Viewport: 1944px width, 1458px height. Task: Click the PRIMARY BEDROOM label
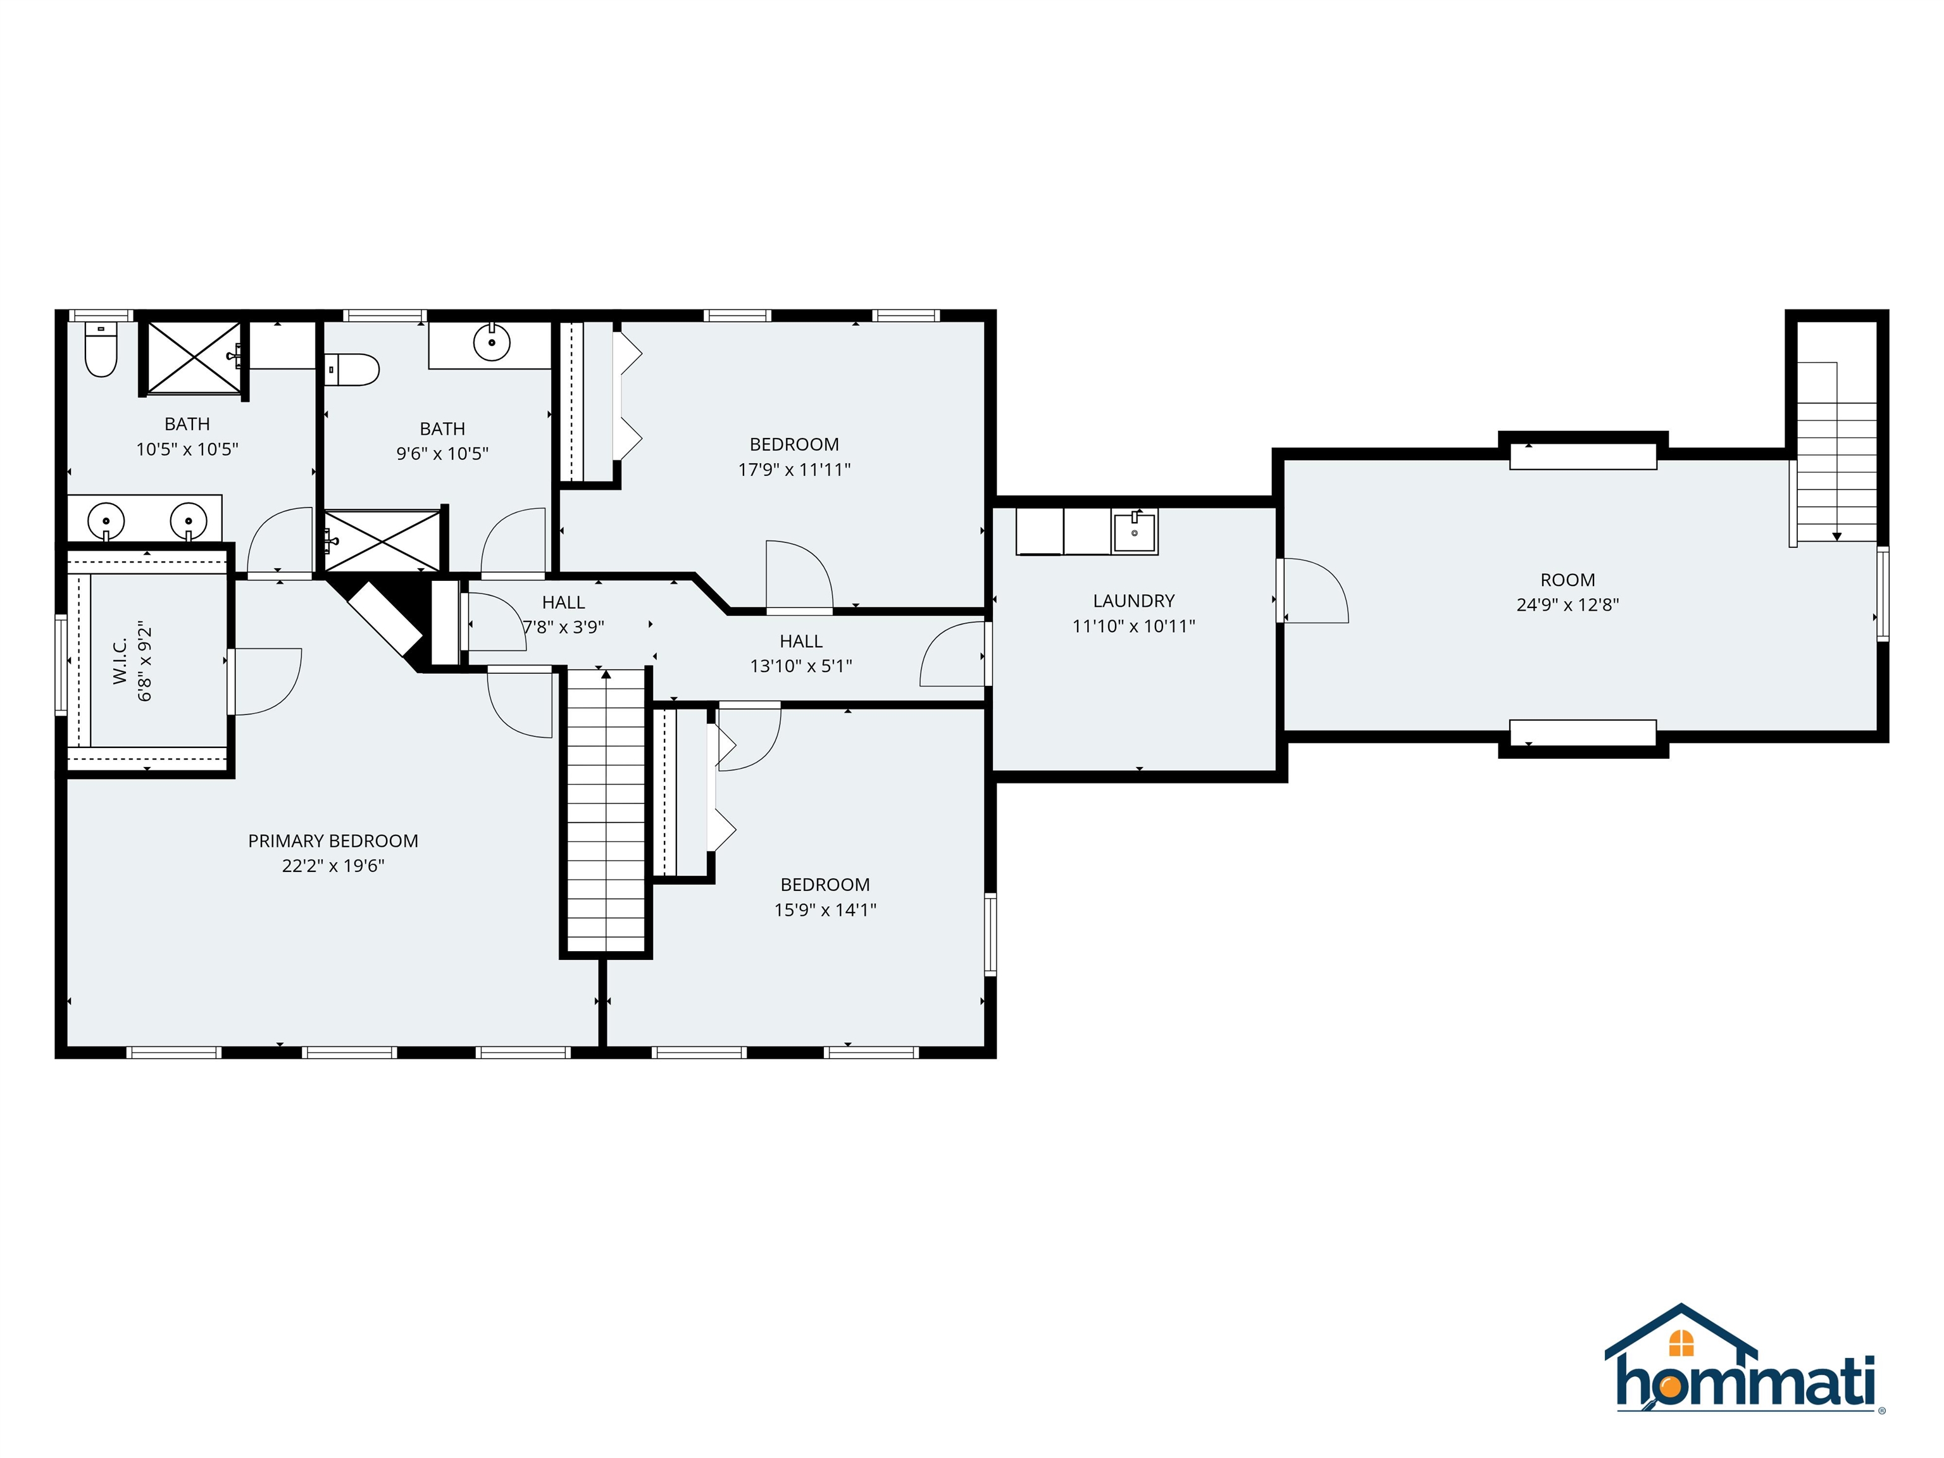pyautogui.click(x=333, y=841)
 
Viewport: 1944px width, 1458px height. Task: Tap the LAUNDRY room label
pyautogui.click(x=1134, y=601)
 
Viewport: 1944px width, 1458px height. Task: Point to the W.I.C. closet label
pyautogui.click(x=120, y=661)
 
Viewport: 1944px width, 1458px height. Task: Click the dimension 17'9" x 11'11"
pyautogui.click(x=794, y=470)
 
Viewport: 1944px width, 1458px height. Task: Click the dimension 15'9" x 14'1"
pyautogui.click(x=825, y=909)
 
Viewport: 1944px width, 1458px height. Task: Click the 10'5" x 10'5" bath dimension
pyautogui.click(x=187, y=449)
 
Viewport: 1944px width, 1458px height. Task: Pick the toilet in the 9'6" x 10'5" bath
pyautogui.click(x=352, y=370)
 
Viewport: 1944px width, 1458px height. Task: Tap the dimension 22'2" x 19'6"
pyautogui.click(x=333, y=866)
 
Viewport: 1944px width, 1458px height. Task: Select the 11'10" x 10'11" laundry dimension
pyautogui.click(x=1134, y=626)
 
